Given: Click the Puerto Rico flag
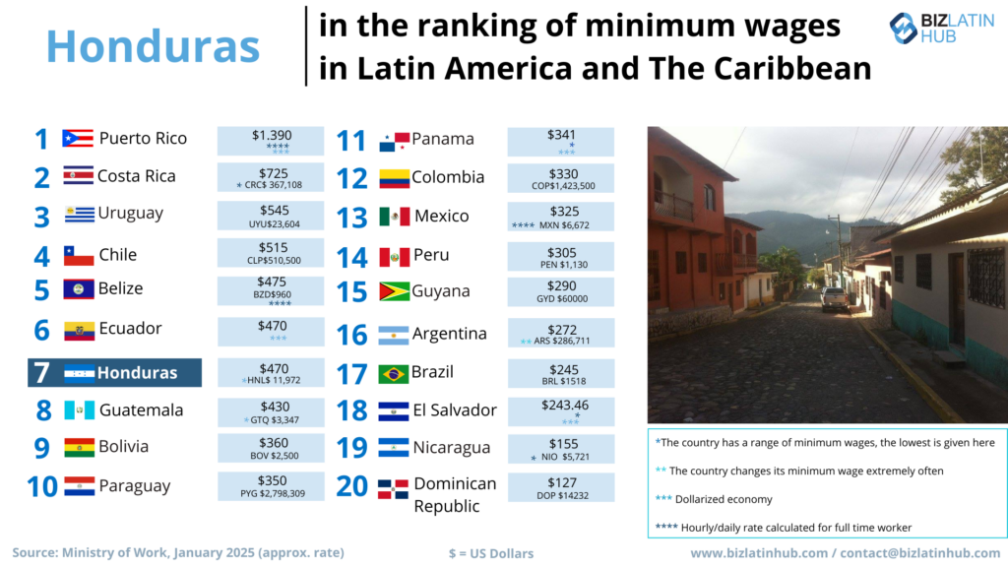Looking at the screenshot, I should (77, 139).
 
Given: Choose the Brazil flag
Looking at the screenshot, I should (394, 374).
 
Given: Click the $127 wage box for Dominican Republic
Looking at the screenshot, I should (560, 488).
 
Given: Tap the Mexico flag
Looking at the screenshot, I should (394, 217).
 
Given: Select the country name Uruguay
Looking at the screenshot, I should (131, 214).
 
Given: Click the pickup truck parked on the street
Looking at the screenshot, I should (835, 298).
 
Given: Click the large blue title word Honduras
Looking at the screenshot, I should (153, 45).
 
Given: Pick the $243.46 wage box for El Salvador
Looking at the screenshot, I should (560, 411).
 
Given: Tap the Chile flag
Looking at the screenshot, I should (79, 256).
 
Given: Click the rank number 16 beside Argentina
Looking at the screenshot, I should (351, 335).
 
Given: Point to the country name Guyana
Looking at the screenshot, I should (441, 291).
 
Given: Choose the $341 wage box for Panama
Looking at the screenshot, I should (560, 142).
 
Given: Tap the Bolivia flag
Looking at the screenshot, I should (79, 448).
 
